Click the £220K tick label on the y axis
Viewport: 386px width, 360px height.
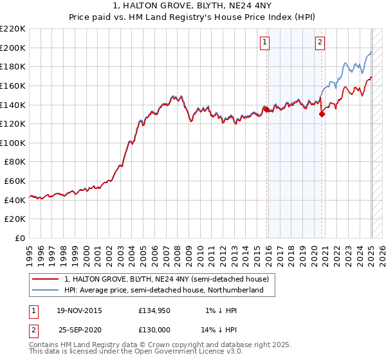click(x=13, y=28)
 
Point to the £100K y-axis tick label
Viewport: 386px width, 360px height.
click(x=13, y=143)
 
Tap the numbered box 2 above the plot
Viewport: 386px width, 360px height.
click(x=320, y=43)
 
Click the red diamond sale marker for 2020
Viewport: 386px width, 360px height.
click(x=322, y=114)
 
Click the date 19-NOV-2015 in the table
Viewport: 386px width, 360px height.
click(x=79, y=311)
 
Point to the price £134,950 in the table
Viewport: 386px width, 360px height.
click(x=154, y=311)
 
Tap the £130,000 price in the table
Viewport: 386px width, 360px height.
click(x=154, y=329)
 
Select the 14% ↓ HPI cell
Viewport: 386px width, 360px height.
click(x=219, y=329)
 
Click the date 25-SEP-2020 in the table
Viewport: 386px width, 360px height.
click(x=79, y=329)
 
